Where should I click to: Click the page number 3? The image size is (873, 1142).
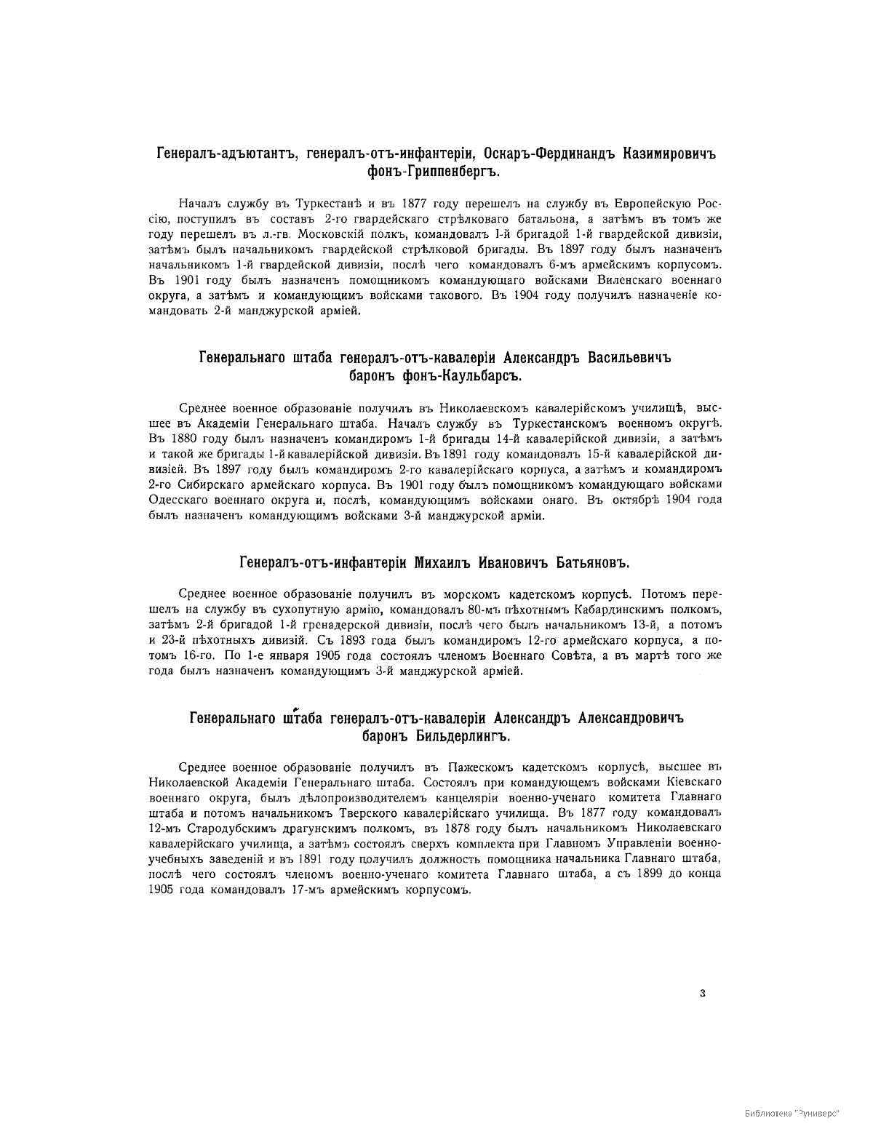[702, 991]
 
